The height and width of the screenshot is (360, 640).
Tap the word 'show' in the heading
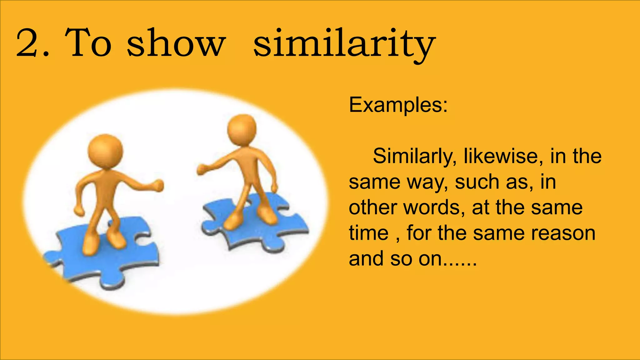pos(176,44)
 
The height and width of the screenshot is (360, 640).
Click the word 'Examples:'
pos(398,105)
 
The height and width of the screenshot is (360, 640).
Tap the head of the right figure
pos(242,129)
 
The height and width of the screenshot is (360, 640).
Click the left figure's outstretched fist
pos(157,185)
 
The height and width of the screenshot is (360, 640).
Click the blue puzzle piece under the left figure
pos(103,259)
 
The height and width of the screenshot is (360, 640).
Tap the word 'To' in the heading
pos(88,44)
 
